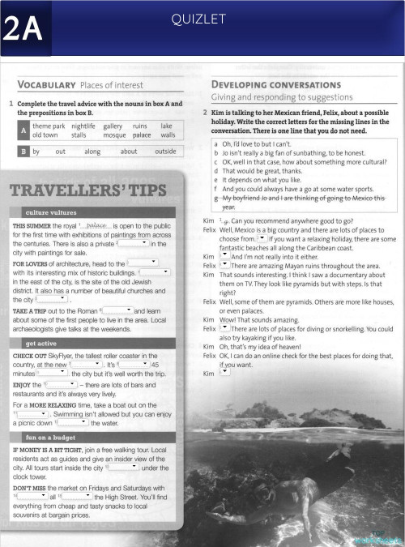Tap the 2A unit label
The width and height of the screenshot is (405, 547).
23,30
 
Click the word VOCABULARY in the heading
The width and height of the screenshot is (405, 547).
46,85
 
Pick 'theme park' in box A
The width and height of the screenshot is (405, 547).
49,126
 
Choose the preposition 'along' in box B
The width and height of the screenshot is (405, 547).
92,151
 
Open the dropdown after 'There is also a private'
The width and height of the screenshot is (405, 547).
134,243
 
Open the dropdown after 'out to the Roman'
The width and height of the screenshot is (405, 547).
117,310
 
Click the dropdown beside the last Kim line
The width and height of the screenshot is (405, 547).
224,373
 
